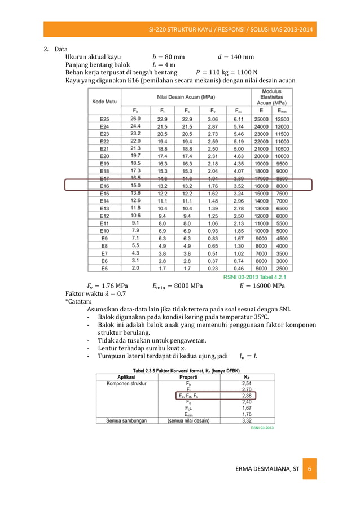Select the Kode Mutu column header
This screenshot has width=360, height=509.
coord(105,102)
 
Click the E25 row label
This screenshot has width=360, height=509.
coord(104,119)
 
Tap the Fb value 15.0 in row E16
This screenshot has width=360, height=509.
coord(136,185)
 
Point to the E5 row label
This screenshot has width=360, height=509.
coord(104,269)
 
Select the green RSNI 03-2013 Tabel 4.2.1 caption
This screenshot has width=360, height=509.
coord(255,278)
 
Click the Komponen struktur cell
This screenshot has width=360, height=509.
coord(126,383)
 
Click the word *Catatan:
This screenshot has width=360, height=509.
coord(79,302)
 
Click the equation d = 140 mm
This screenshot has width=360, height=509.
coord(235,56)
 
